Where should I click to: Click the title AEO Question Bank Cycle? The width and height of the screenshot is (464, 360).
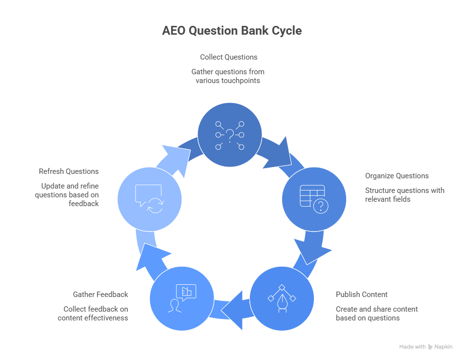click(232, 31)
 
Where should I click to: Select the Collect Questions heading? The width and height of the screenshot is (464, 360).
click(228, 57)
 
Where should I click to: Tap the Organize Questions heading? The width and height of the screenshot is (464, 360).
click(397, 176)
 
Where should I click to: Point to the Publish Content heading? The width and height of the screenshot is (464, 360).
click(361, 295)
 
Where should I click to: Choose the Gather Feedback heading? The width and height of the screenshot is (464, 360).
click(100, 295)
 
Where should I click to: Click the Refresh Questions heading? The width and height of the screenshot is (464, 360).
click(68, 171)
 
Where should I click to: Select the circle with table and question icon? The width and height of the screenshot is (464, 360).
click(314, 199)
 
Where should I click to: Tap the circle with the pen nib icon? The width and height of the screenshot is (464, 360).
click(282, 298)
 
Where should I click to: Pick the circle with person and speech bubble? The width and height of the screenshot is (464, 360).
click(181, 298)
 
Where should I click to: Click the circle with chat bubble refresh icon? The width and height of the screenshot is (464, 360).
click(150, 199)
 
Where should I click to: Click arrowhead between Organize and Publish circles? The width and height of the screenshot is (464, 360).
click(313, 251)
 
